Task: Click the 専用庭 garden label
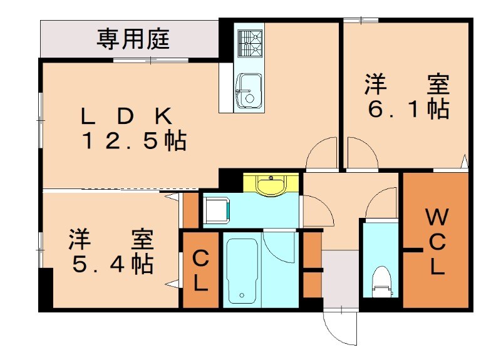(133, 39)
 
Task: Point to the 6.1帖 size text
(408, 109)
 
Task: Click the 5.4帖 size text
(111, 264)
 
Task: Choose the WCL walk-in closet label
(436, 244)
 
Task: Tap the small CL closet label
(200, 270)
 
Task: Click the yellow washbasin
(272, 185)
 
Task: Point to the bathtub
(242, 270)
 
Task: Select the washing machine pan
(217, 209)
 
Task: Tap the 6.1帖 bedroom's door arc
(362, 153)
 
